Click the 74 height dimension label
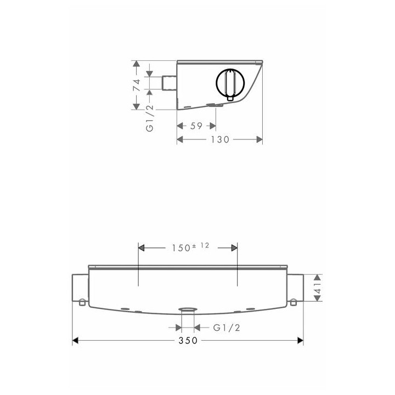coord(137,85)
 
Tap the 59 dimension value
coord(196,126)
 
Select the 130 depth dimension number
coord(220,139)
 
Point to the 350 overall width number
coord(188,341)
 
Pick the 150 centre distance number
coord(181,248)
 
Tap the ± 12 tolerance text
coord(201,246)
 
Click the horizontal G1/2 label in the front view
coord(227,328)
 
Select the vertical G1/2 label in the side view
coord(150,118)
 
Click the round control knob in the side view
coord(230,82)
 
